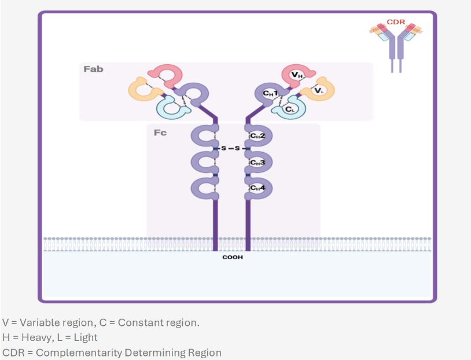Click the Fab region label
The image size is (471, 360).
93,69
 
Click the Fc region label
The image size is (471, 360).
160,133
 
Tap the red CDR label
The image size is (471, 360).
396,22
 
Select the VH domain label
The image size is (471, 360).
297,75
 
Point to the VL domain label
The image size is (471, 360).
319,90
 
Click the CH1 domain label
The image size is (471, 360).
270,93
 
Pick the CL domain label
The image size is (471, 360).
290,109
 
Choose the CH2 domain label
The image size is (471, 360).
257,136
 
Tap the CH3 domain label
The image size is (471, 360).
257,163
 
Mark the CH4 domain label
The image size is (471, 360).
257,188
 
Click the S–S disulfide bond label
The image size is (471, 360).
231,148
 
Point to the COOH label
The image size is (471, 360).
233,257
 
